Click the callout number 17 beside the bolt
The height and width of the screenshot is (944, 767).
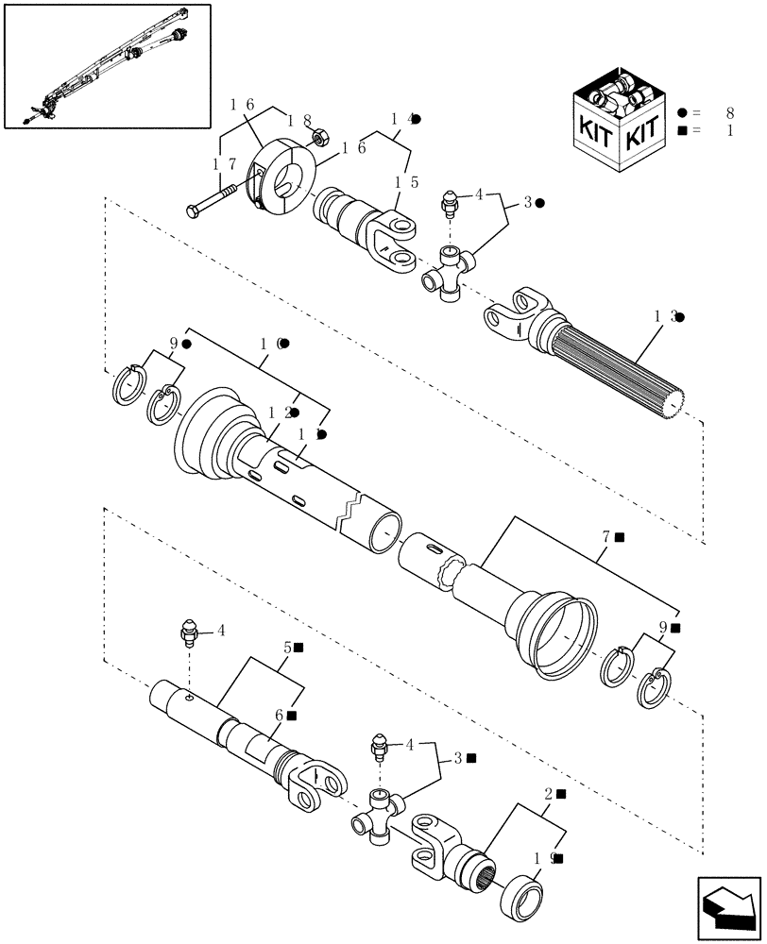[224, 164]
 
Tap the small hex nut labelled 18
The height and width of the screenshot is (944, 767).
[319, 138]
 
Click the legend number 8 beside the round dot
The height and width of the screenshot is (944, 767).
[728, 112]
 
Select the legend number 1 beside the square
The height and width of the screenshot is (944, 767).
[728, 131]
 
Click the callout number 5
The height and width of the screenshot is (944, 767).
[286, 648]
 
